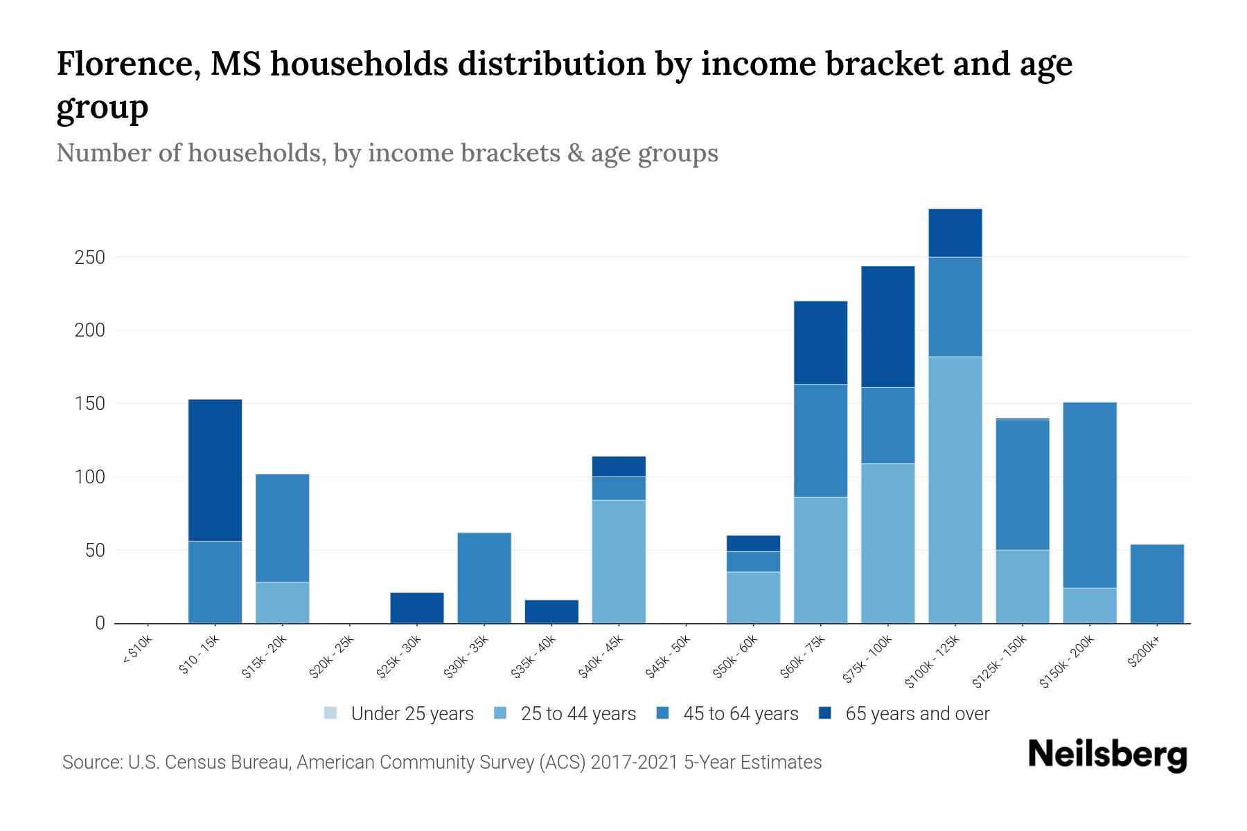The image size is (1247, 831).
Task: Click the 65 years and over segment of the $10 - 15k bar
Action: pyautogui.click(x=215, y=470)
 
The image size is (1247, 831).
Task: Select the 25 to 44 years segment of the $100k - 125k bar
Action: pyautogui.click(x=955, y=490)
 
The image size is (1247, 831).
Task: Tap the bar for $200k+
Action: pyautogui.click(x=1156, y=584)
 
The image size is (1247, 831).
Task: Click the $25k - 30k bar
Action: pyautogui.click(x=416, y=607)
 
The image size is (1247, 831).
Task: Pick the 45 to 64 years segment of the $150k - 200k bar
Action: pyautogui.click(x=1089, y=495)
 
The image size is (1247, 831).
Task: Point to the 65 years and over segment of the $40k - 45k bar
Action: pyautogui.click(x=619, y=466)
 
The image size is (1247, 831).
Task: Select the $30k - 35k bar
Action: pyautogui.click(x=484, y=578)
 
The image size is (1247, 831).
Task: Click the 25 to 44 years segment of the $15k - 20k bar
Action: pyautogui.click(x=282, y=602)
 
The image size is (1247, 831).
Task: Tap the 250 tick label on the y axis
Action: pyautogui.click(x=89, y=258)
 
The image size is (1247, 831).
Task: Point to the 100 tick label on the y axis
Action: pyautogui.click(x=89, y=477)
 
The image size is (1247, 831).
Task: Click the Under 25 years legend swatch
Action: pyautogui.click(x=330, y=713)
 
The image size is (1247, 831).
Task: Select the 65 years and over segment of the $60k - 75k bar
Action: pyautogui.click(x=820, y=342)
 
